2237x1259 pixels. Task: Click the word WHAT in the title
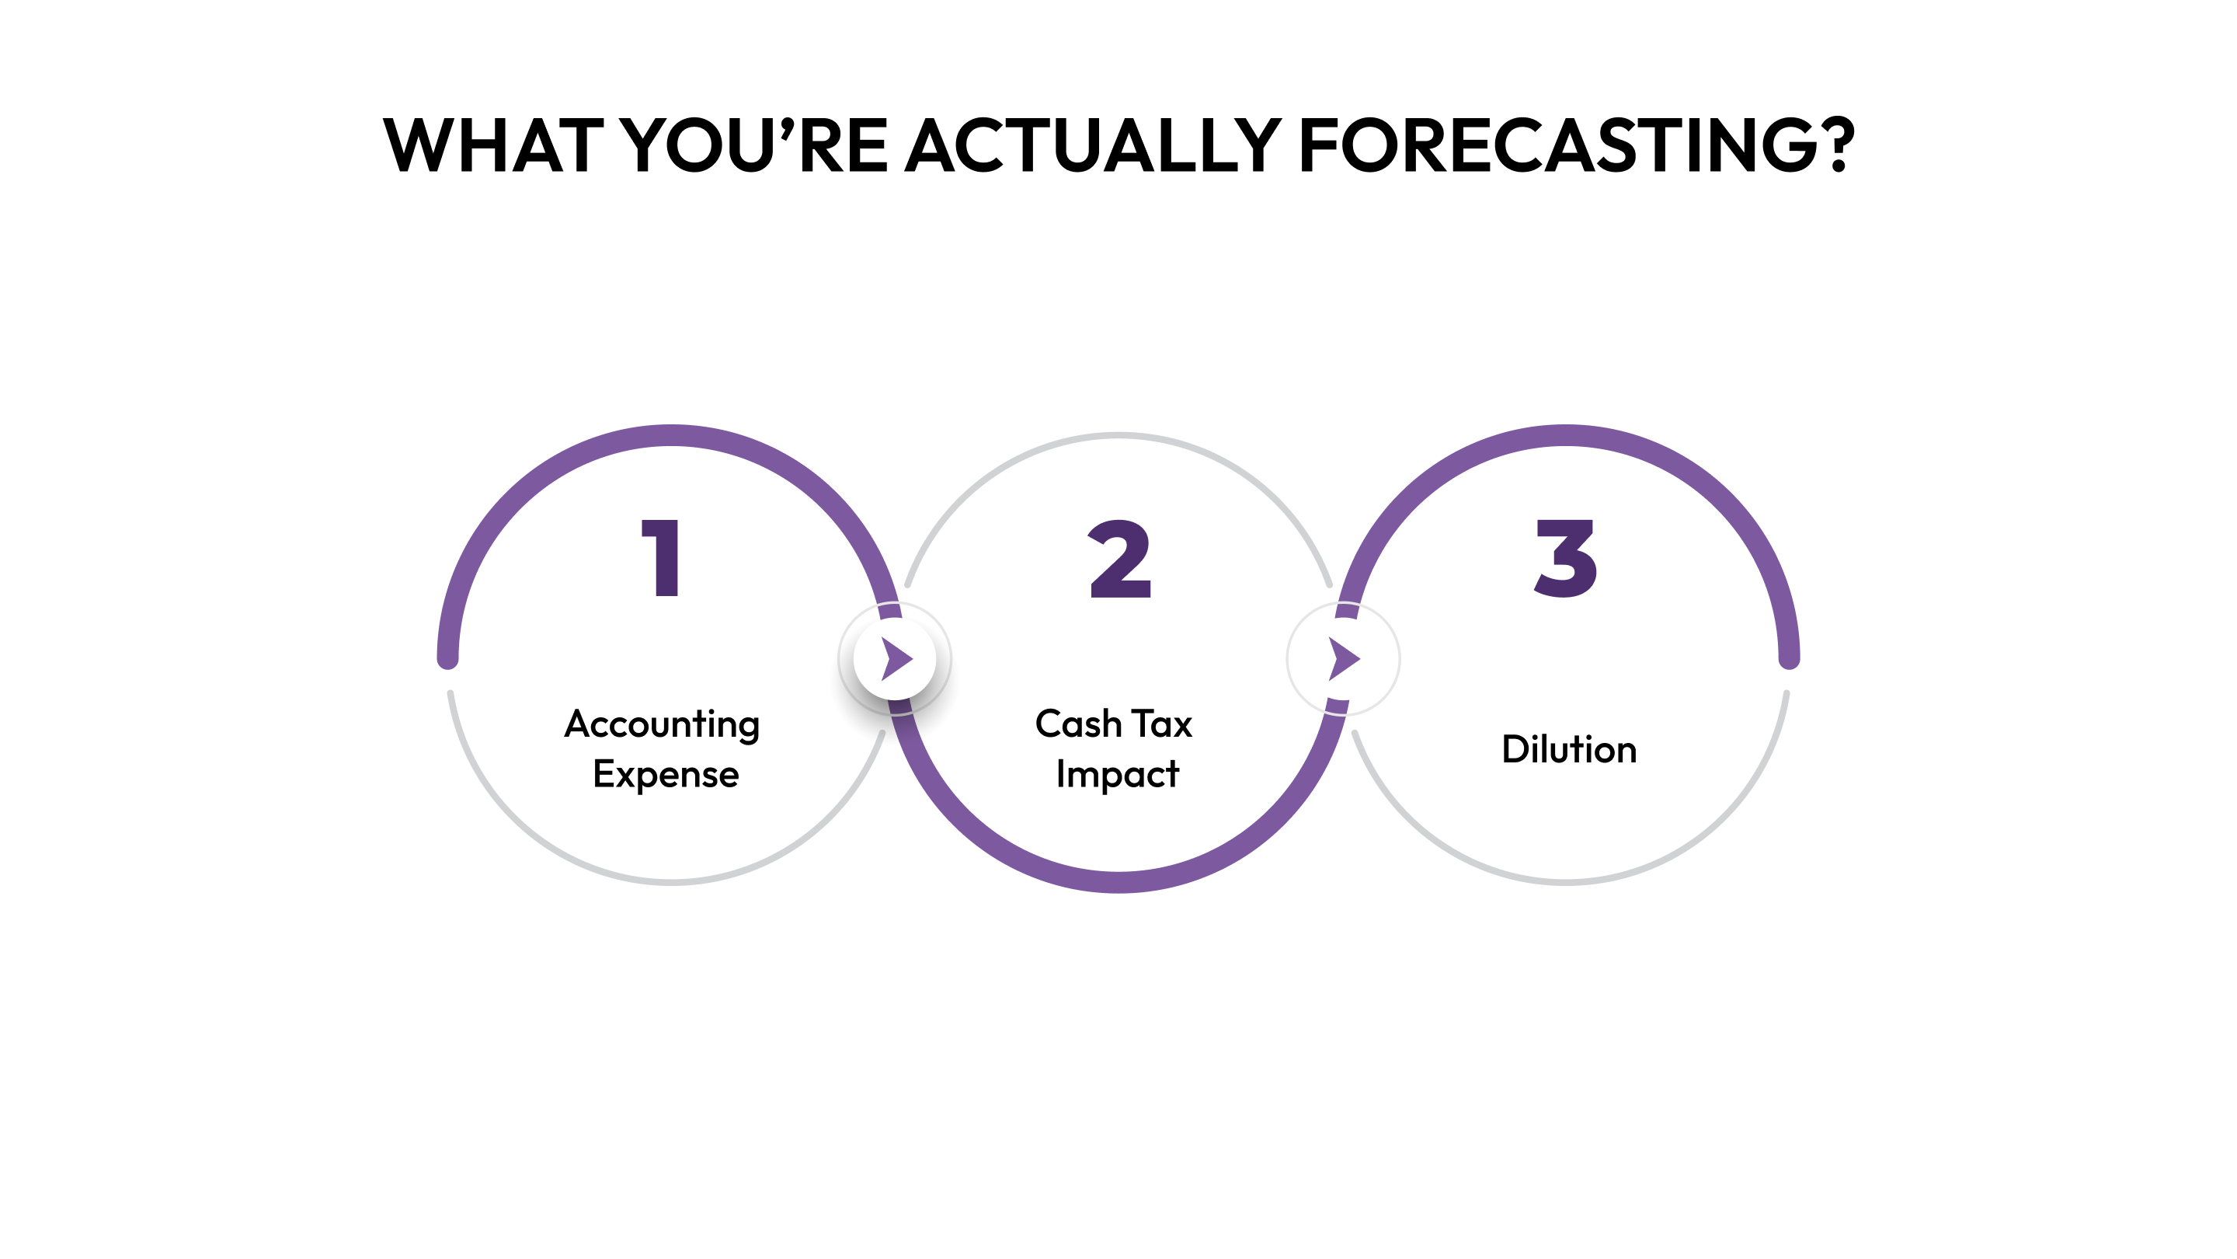point(493,145)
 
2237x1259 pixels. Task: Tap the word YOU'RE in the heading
point(756,145)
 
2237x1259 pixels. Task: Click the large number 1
point(662,558)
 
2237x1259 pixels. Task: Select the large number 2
point(1119,560)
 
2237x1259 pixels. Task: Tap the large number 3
point(1566,559)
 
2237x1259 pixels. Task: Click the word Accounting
point(662,724)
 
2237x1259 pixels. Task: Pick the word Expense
point(665,774)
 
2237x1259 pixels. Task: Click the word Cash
point(1077,724)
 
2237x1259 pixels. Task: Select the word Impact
point(1118,774)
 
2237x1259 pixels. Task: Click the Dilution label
point(1569,749)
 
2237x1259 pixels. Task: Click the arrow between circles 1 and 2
point(896,658)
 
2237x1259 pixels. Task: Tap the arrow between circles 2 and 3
point(1344,658)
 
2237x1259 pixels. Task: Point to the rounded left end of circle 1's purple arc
point(447,661)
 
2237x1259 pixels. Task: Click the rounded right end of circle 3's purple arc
point(1789,661)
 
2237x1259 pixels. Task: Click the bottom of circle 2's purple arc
point(1118,881)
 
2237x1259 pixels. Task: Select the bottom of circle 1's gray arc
point(671,882)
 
